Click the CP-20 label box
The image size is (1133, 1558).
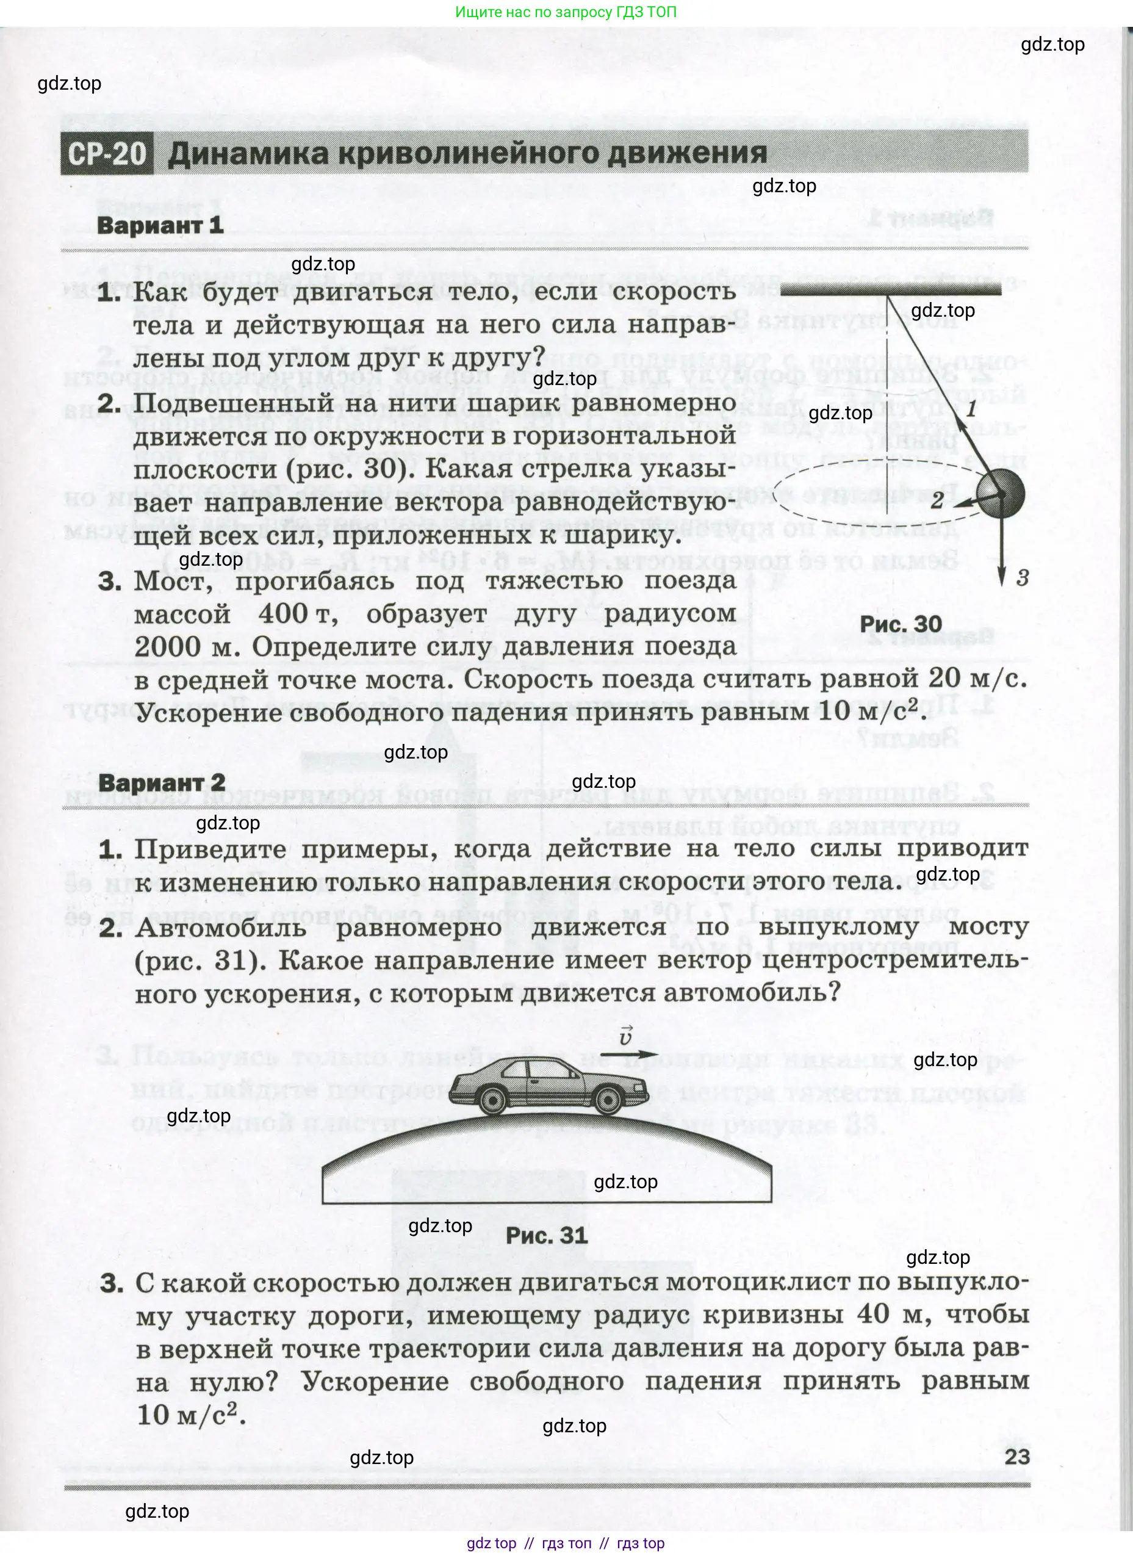107,153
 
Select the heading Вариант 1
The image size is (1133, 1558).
160,225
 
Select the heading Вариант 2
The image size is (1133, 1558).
162,782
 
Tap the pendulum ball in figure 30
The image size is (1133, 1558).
1001,493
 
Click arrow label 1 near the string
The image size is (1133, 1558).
971,409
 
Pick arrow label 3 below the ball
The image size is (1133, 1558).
1023,579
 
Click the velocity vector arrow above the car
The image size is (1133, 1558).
628,1054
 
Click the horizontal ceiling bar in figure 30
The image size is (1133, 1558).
891,291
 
